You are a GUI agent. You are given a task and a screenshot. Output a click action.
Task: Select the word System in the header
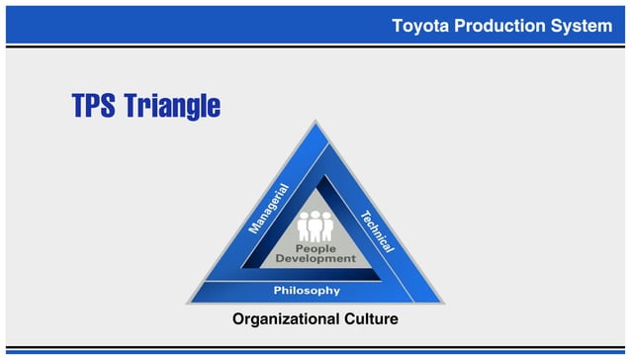pyautogui.click(x=581, y=26)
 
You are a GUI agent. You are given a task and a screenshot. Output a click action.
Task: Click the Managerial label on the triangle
pyautogui.click(x=268, y=209)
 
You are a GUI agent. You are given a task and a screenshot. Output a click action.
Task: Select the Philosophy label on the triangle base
pyautogui.click(x=307, y=291)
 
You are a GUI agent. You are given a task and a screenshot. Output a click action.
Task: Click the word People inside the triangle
pyautogui.click(x=315, y=248)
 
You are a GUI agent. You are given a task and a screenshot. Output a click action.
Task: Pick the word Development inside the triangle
pyautogui.click(x=315, y=259)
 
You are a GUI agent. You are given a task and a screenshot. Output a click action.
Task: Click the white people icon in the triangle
pyautogui.click(x=315, y=225)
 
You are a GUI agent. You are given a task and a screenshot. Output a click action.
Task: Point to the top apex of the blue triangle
pyautogui.click(x=315, y=123)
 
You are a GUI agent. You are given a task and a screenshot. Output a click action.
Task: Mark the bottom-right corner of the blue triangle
pyautogui.click(x=444, y=303)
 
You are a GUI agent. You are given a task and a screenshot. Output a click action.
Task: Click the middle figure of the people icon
pyautogui.click(x=315, y=225)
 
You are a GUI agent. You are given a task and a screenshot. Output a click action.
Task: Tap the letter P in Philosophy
pyautogui.click(x=278, y=291)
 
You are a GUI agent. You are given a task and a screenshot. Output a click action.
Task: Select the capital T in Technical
pyautogui.click(x=363, y=214)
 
